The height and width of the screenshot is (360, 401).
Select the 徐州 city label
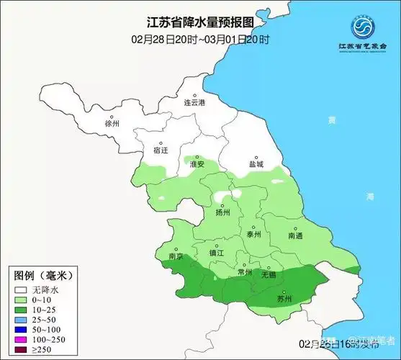click(112, 123)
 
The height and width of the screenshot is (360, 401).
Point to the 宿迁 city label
click(161, 150)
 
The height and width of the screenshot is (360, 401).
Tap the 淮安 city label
click(197, 164)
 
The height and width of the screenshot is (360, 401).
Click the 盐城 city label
click(256, 164)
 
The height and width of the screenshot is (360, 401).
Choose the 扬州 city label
click(222, 212)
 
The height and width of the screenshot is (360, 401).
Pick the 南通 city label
click(296, 235)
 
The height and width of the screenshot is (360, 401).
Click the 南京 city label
click(175, 256)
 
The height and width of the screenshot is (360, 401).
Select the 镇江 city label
click(217, 253)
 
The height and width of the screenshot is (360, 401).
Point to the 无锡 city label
click(269, 274)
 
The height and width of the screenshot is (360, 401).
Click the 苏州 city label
click(285, 298)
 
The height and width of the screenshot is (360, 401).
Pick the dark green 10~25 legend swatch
click(21, 309)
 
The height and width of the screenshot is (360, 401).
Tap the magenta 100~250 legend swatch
click(21, 339)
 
